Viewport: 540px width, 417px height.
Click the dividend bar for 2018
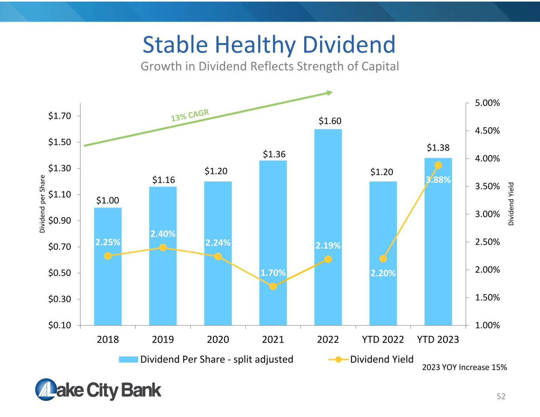point(108,266)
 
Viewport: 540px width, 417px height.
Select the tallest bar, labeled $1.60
point(328,227)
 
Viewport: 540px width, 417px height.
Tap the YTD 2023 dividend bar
point(438,242)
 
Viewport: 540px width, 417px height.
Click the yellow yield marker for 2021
point(273,287)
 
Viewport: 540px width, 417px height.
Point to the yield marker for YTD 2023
point(438,165)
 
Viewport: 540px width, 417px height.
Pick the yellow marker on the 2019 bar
point(163,247)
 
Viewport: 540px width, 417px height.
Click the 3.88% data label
point(438,180)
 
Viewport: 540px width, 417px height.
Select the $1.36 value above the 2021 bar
point(274,154)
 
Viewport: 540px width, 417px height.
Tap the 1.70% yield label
point(273,273)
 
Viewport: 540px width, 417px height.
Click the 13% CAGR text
point(190,115)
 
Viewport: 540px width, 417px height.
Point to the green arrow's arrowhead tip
point(333,92)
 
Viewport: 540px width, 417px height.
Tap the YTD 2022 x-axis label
point(383,339)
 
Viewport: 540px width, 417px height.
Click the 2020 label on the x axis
point(218,339)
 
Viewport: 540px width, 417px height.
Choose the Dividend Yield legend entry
point(371,359)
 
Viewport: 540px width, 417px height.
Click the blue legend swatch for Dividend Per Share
point(128,359)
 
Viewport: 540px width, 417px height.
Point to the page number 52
point(501,396)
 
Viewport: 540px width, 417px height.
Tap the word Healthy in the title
point(255,45)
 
